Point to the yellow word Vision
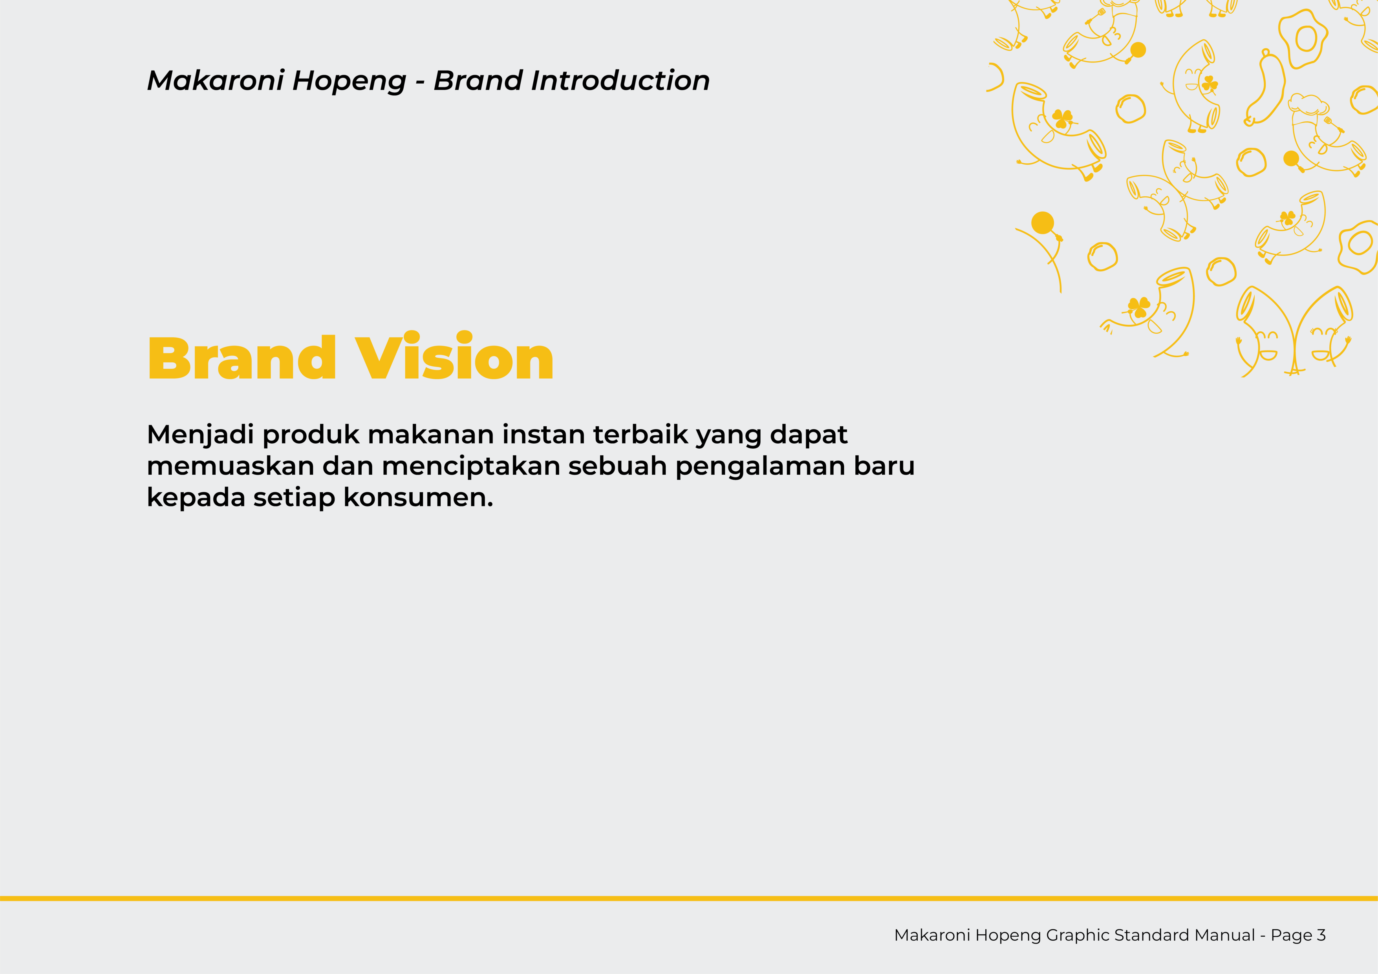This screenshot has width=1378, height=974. (x=454, y=355)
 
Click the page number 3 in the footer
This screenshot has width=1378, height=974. (x=1321, y=935)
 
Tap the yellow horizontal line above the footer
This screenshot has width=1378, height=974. (x=689, y=898)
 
